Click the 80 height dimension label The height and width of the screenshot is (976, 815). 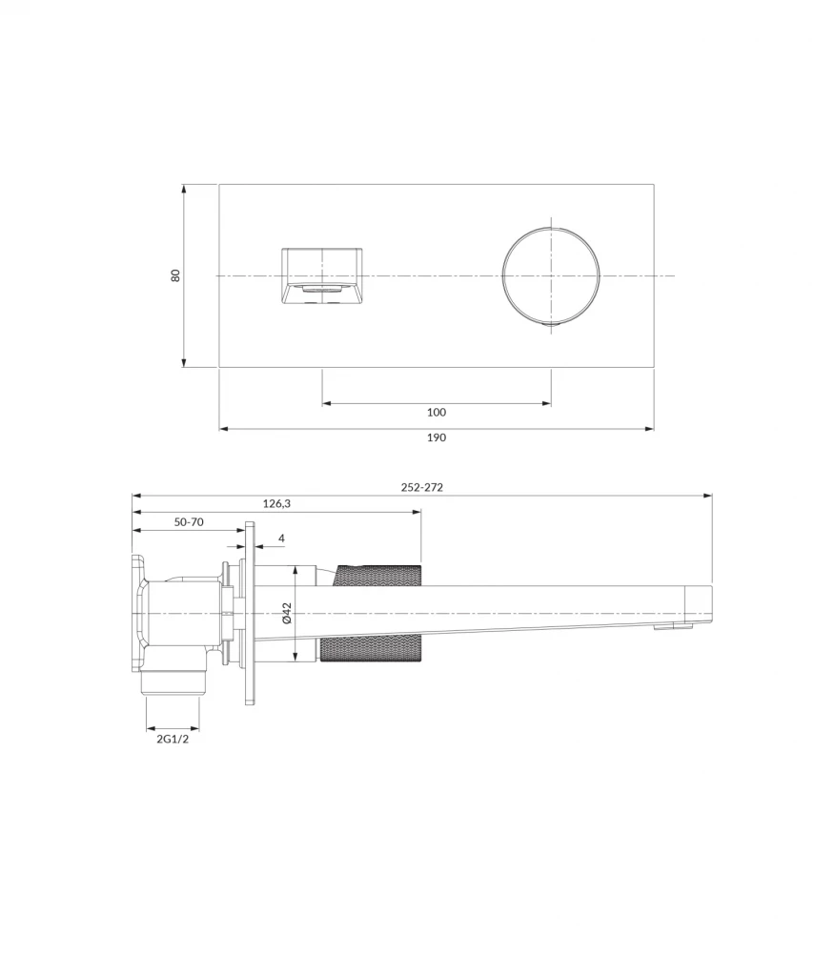(175, 274)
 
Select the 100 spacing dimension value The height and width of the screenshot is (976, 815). (437, 413)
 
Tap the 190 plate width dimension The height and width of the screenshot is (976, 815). (437, 437)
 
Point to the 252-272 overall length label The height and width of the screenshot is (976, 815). (421, 487)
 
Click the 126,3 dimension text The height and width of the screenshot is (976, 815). (276, 503)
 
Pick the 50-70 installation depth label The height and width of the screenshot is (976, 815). (188, 522)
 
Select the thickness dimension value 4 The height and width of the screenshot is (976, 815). (281, 539)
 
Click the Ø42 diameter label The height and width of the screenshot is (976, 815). (287, 613)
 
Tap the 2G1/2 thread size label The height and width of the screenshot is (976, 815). (173, 738)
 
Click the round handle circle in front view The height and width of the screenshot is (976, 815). (551, 275)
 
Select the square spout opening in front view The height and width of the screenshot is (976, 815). (322, 275)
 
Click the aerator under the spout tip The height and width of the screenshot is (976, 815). (672, 626)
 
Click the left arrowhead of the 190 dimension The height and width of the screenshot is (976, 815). (223, 429)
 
